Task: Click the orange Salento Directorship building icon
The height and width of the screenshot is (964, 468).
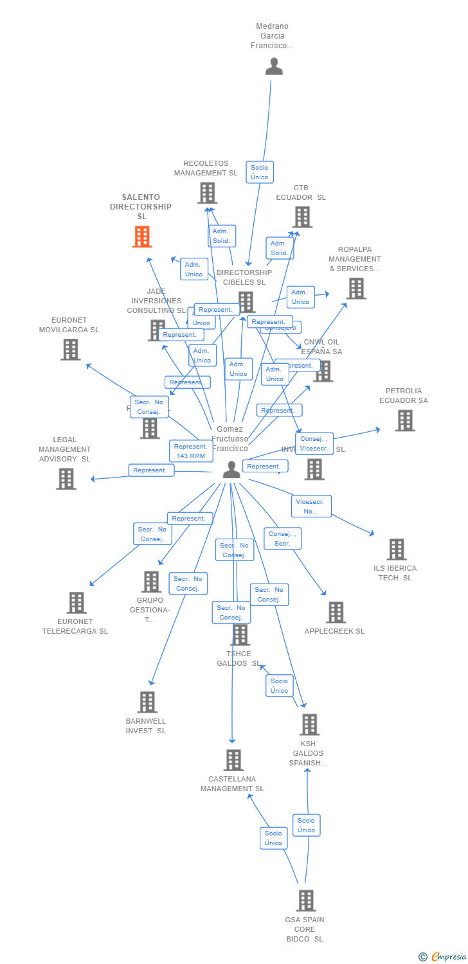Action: (x=142, y=237)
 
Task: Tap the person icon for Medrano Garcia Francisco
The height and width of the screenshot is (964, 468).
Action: (x=274, y=66)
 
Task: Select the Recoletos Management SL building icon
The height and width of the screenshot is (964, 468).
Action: (x=207, y=193)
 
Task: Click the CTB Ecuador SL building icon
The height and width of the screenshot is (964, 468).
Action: (x=302, y=217)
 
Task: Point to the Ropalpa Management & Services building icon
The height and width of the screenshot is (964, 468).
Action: (x=356, y=289)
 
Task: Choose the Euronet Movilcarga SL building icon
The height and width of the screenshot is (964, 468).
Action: (x=71, y=350)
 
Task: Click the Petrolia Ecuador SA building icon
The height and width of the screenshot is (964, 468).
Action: (x=404, y=420)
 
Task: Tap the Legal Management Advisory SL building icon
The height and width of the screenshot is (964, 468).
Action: (x=66, y=479)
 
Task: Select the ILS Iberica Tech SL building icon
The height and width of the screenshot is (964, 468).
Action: (x=396, y=549)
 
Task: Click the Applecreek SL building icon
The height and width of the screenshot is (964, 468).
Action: (x=335, y=612)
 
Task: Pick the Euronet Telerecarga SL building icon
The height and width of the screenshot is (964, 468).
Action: (x=76, y=603)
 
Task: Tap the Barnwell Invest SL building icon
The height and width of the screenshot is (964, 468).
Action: (x=147, y=702)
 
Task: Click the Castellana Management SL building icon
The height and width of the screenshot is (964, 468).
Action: (x=233, y=760)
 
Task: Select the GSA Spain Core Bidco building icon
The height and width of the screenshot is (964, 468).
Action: (x=306, y=900)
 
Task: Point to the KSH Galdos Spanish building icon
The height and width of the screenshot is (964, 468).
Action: (x=309, y=725)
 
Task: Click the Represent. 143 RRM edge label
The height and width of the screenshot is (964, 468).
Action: (x=191, y=451)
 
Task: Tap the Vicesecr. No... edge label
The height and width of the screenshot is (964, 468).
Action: (x=311, y=506)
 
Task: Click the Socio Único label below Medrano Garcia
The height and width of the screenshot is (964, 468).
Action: (x=260, y=172)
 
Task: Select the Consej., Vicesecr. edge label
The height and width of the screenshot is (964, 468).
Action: (x=314, y=443)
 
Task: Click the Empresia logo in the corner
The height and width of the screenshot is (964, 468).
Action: (x=443, y=957)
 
